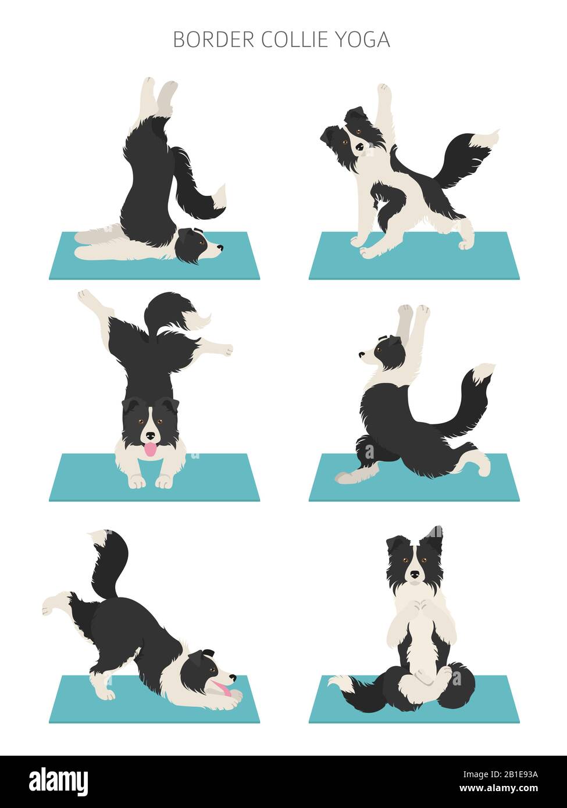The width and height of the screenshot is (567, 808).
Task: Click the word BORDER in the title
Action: pos(213,40)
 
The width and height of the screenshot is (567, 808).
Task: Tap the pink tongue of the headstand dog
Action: pos(151,450)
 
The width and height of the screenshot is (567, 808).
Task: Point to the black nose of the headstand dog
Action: pos(151,435)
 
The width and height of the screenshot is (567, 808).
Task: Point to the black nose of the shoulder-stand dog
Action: pos(220,248)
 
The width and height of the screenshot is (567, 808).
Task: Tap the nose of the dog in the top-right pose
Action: pos(360,147)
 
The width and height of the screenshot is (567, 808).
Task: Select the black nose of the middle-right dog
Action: pos(361,354)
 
